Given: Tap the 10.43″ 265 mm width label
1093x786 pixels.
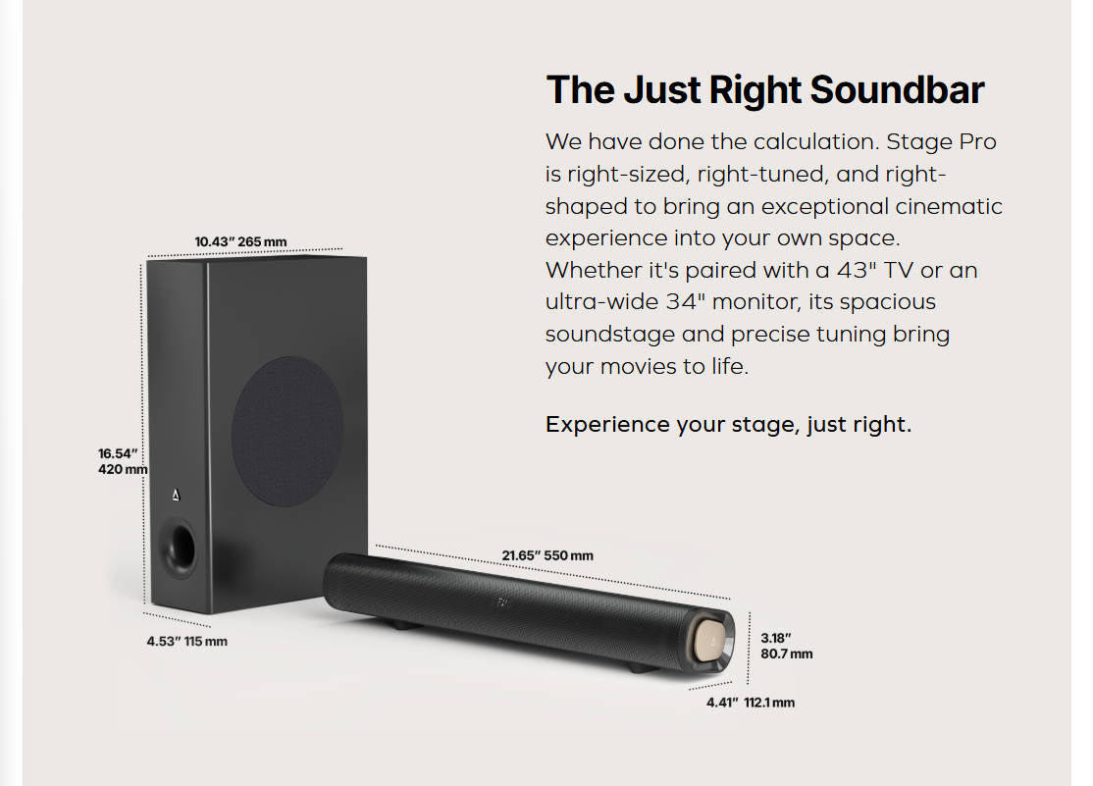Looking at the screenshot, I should pos(240,241).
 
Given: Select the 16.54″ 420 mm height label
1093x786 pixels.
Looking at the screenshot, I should pos(122,461).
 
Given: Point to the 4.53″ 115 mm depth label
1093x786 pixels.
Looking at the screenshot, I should pos(186,641).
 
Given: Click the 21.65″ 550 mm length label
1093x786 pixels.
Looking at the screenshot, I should pos(547,555).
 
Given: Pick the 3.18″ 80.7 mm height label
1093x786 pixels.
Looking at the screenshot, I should pos(786,646).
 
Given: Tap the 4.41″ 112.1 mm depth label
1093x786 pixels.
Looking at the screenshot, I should pos(751,703).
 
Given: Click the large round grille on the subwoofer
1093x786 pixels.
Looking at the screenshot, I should pos(286,431).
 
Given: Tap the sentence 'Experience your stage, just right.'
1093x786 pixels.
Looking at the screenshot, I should pos(728,425).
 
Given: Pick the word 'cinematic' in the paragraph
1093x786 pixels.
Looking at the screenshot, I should pos(949,207).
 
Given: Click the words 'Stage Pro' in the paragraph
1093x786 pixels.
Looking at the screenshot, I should pos(941,142).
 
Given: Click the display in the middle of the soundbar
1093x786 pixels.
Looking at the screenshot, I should pos(503,601).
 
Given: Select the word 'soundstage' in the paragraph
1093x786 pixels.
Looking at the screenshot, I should pos(609,335).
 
